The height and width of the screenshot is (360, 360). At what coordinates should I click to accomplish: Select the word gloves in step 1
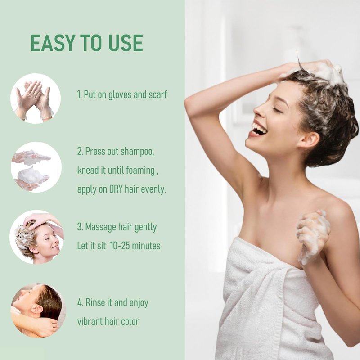pos(120,95)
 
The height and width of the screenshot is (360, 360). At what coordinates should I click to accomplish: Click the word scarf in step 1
pos(158,94)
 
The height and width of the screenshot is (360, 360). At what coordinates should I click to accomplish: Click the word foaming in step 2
pos(140,171)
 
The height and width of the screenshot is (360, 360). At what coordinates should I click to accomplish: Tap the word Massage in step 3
pos(100,228)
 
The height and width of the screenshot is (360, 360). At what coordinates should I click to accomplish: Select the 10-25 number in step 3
pos(120,246)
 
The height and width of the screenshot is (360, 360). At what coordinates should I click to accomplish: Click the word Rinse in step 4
pos(95,302)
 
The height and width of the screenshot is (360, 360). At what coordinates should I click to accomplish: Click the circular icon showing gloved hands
pos(36,99)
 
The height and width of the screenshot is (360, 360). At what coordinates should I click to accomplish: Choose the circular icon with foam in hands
pos(36,167)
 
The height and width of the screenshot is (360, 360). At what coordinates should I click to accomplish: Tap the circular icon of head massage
pos(36,237)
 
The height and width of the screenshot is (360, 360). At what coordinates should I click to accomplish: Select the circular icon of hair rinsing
pos(38,310)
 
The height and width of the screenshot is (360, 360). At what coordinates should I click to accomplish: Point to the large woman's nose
pos(258,111)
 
